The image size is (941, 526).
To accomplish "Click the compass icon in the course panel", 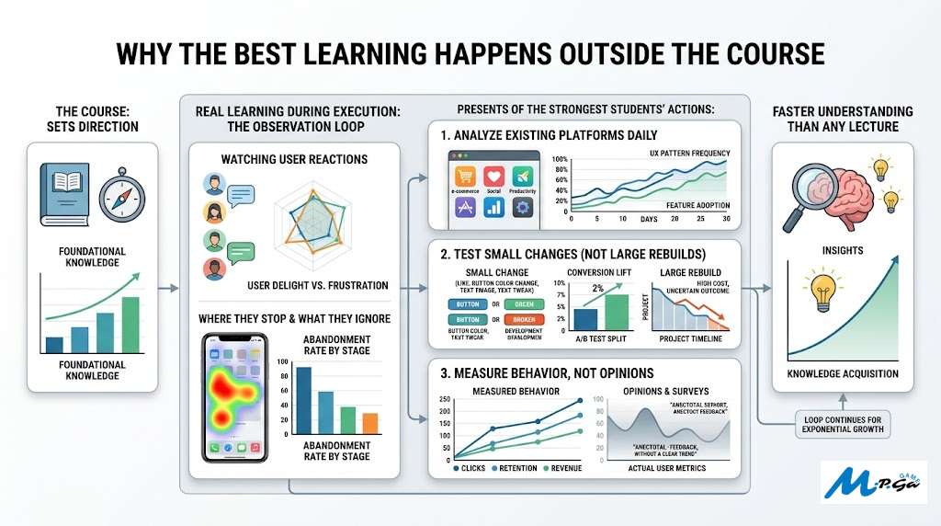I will (118, 193).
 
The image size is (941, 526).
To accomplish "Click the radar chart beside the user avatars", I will (316, 221).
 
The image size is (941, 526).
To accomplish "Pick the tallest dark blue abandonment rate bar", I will (303, 400).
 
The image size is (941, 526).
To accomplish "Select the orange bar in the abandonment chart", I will (370, 423).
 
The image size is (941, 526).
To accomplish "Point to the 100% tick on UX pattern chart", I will (559, 160).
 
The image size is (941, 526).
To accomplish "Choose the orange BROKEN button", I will (524, 320).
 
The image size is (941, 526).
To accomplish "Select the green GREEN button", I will (524, 303).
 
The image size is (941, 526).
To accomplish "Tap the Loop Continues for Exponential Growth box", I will (842, 423).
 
